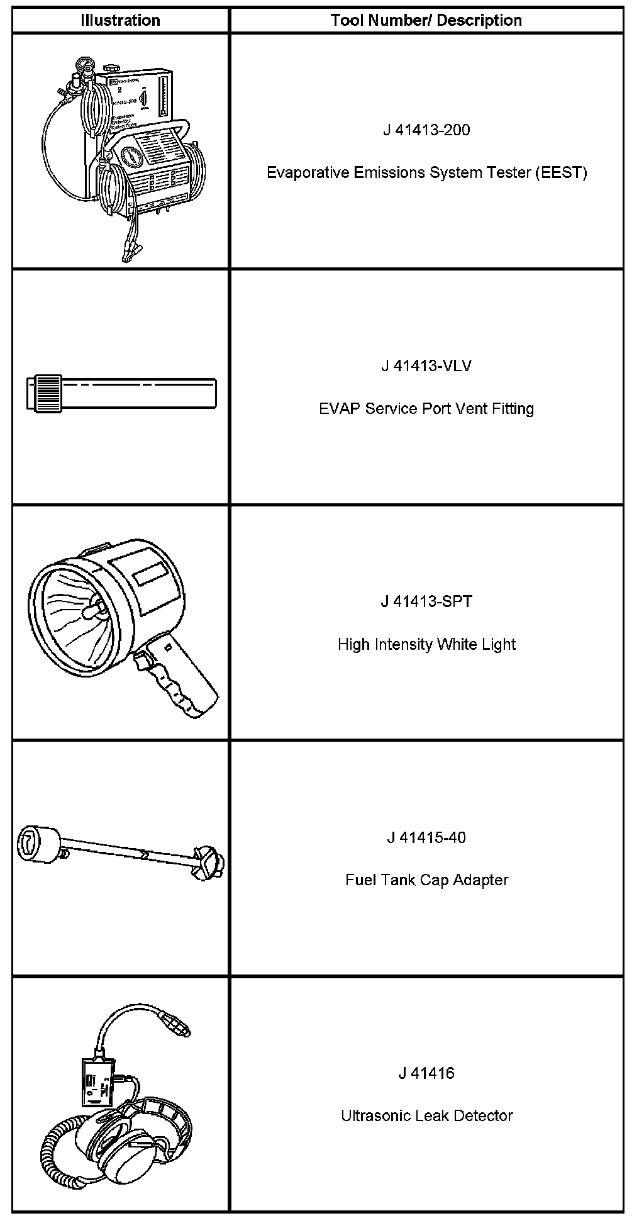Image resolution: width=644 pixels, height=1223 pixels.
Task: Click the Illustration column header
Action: pyautogui.click(x=120, y=20)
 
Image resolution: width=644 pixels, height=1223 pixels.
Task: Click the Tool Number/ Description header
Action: pyautogui.click(x=426, y=20)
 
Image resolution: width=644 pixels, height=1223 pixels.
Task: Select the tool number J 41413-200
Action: pyautogui.click(x=426, y=130)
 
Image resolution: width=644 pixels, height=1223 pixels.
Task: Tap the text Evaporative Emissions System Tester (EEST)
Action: pyautogui.click(x=426, y=172)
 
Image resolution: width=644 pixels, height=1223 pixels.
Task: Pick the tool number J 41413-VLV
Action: pyautogui.click(x=426, y=366)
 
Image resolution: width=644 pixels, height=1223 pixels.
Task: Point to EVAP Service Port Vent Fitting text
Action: pyautogui.click(x=426, y=408)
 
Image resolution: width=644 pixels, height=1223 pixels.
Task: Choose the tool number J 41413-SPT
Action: pyautogui.click(x=426, y=601)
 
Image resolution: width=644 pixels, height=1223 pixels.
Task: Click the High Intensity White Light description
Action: pyautogui.click(x=426, y=644)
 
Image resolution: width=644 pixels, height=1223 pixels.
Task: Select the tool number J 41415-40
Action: pyautogui.click(x=426, y=837)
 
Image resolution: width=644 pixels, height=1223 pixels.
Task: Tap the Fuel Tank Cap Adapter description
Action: pyautogui.click(x=426, y=880)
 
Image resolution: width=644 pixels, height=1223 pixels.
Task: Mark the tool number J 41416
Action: pyautogui.click(x=426, y=1073)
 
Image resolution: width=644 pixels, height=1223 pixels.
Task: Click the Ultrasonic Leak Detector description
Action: pyautogui.click(x=426, y=1115)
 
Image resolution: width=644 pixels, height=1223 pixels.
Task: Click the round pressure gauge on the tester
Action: pyautogui.click(x=130, y=157)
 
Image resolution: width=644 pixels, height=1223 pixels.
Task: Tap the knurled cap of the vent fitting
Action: pyautogui.click(x=44, y=393)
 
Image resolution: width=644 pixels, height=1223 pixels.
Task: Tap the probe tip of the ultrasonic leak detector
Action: pyautogui.click(x=179, y=1027)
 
